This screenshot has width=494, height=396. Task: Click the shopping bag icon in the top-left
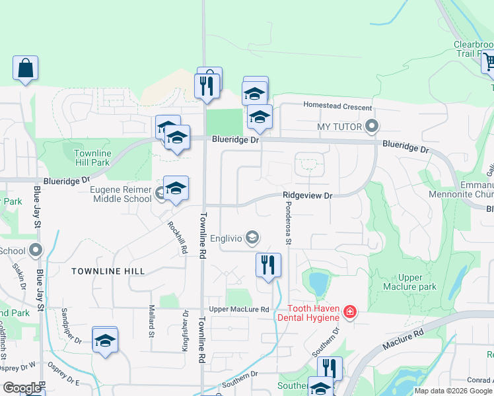pos(25,68)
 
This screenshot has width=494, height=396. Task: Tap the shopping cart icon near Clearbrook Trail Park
pos(489,62)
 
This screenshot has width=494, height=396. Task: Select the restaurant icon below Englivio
pos(268,265)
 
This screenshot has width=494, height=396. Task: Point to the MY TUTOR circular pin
pos(372,125)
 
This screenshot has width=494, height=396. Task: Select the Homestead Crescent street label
pos(337,106)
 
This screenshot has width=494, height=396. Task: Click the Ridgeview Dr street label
pos(307,195)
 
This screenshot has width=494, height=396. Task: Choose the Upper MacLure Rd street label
pos(239,310)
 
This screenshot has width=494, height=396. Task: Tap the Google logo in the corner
pos(22,388)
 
